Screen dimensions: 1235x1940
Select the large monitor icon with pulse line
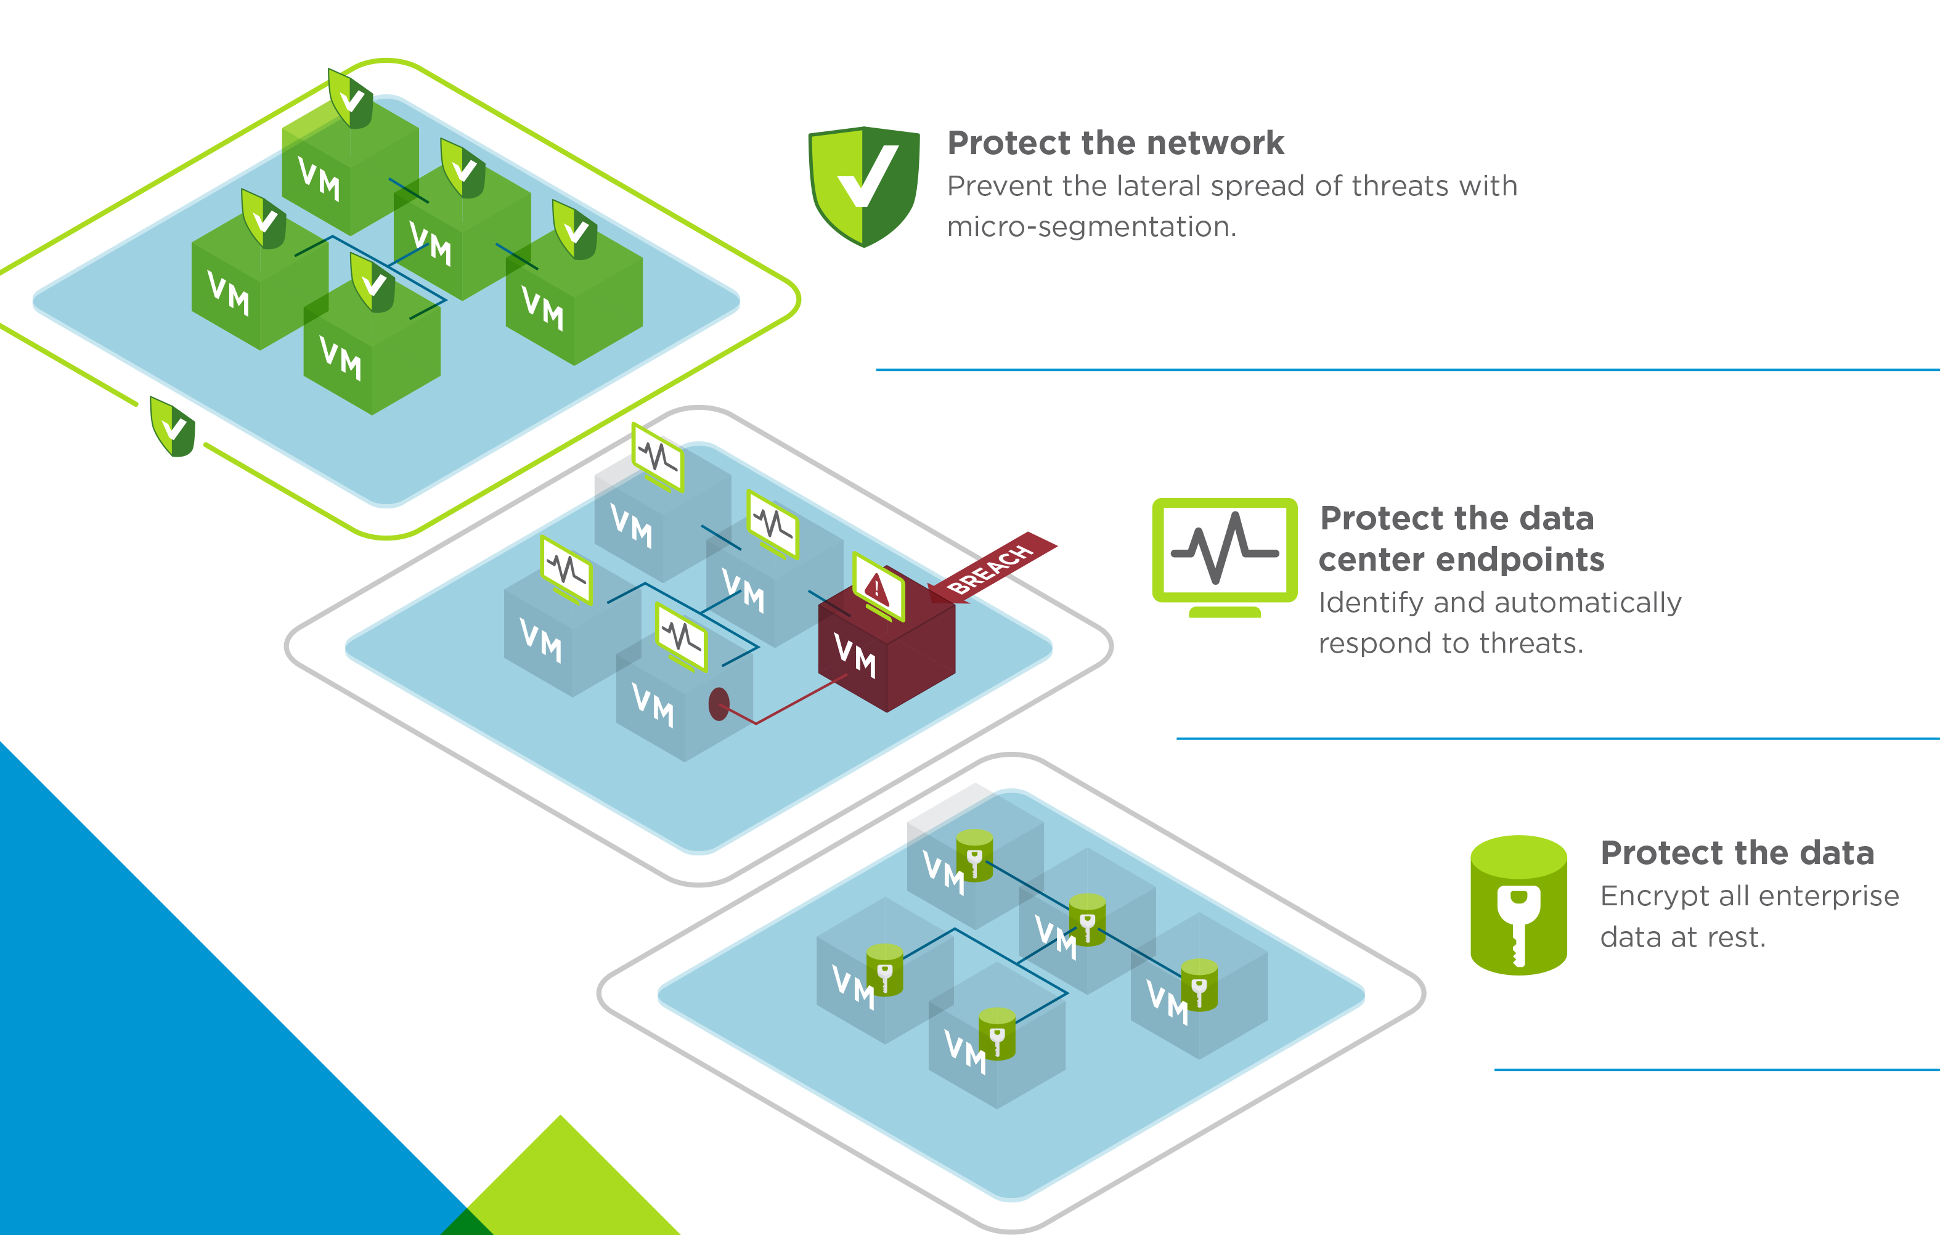[x=1225, y=554]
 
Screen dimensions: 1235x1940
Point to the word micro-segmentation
[x=1091, y=227]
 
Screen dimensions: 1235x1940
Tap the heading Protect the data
[x=1736, y=853]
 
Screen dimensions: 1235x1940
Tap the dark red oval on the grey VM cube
[x=719, y=704]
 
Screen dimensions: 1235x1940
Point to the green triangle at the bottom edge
[x=564, y=1184]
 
